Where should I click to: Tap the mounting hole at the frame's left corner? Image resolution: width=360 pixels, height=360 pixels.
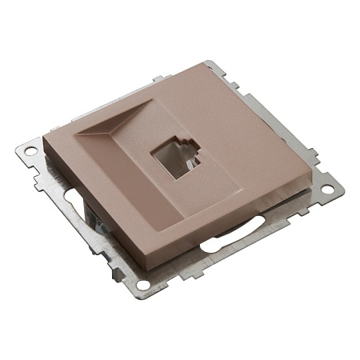point(31,149)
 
